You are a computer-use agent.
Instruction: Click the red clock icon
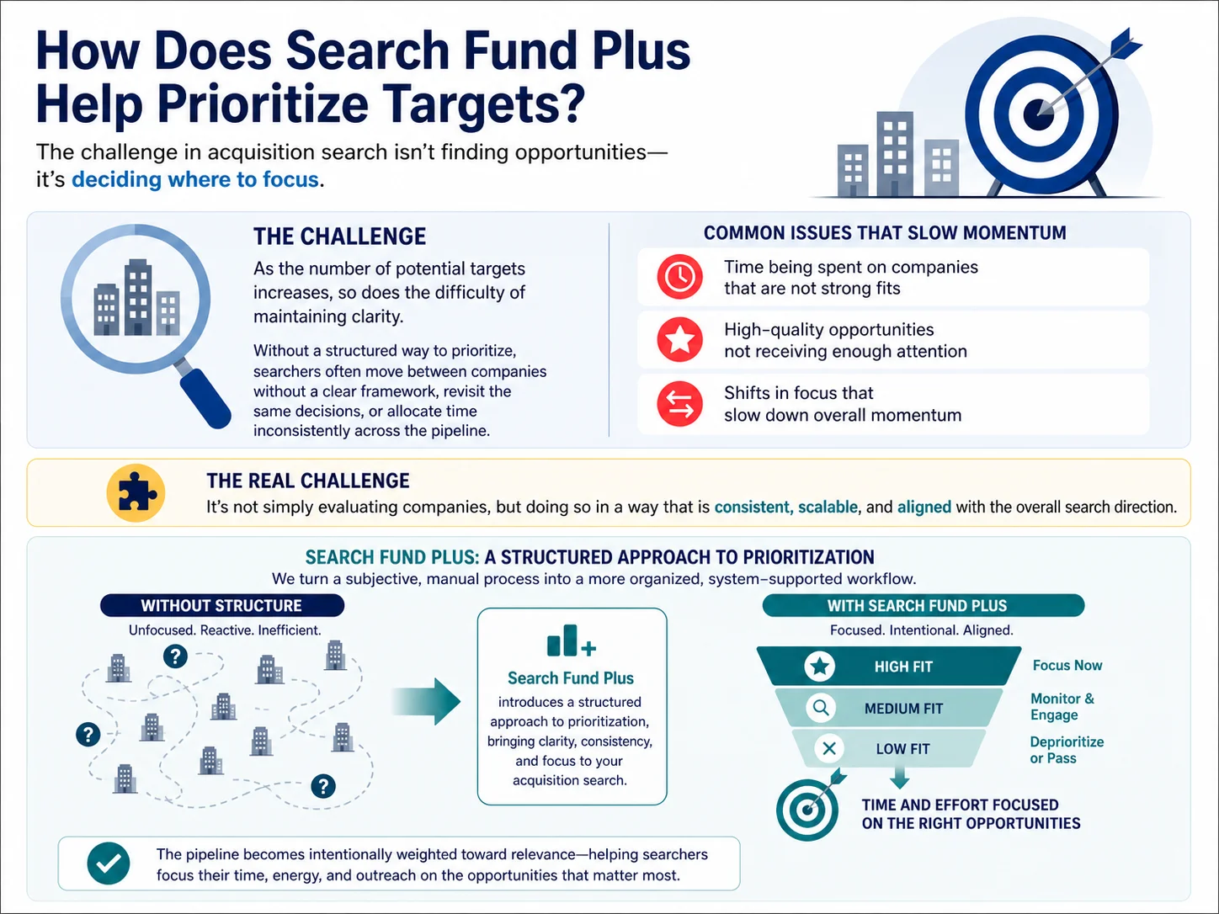tap(679, 276)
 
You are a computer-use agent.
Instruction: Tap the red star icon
tap(679, 340)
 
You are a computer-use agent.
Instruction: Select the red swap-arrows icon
tap(679, 403)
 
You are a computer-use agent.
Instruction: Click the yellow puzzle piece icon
tap(136, 493)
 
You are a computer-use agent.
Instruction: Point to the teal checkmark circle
tap(109, 864)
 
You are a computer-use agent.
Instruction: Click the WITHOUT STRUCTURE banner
tap(222, 605)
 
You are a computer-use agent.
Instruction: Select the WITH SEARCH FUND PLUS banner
tap(923, 605)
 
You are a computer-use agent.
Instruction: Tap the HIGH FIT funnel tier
tap(889, 666)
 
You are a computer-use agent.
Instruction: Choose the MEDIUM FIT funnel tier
tap(889, 708)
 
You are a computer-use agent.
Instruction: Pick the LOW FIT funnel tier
tap(889, 749)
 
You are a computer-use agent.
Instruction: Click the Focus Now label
tap(1067, 666)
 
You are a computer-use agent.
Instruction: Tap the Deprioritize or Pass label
tap(1067, 750)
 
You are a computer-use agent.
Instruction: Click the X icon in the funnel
tap(829, 749)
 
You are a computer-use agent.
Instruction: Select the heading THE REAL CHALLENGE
tap(308, 481)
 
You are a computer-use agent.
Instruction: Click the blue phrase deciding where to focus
tap(195, 179)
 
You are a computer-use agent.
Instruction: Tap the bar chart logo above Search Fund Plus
tap(572, 640)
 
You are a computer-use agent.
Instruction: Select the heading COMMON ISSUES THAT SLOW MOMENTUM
tap(885, 232)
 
